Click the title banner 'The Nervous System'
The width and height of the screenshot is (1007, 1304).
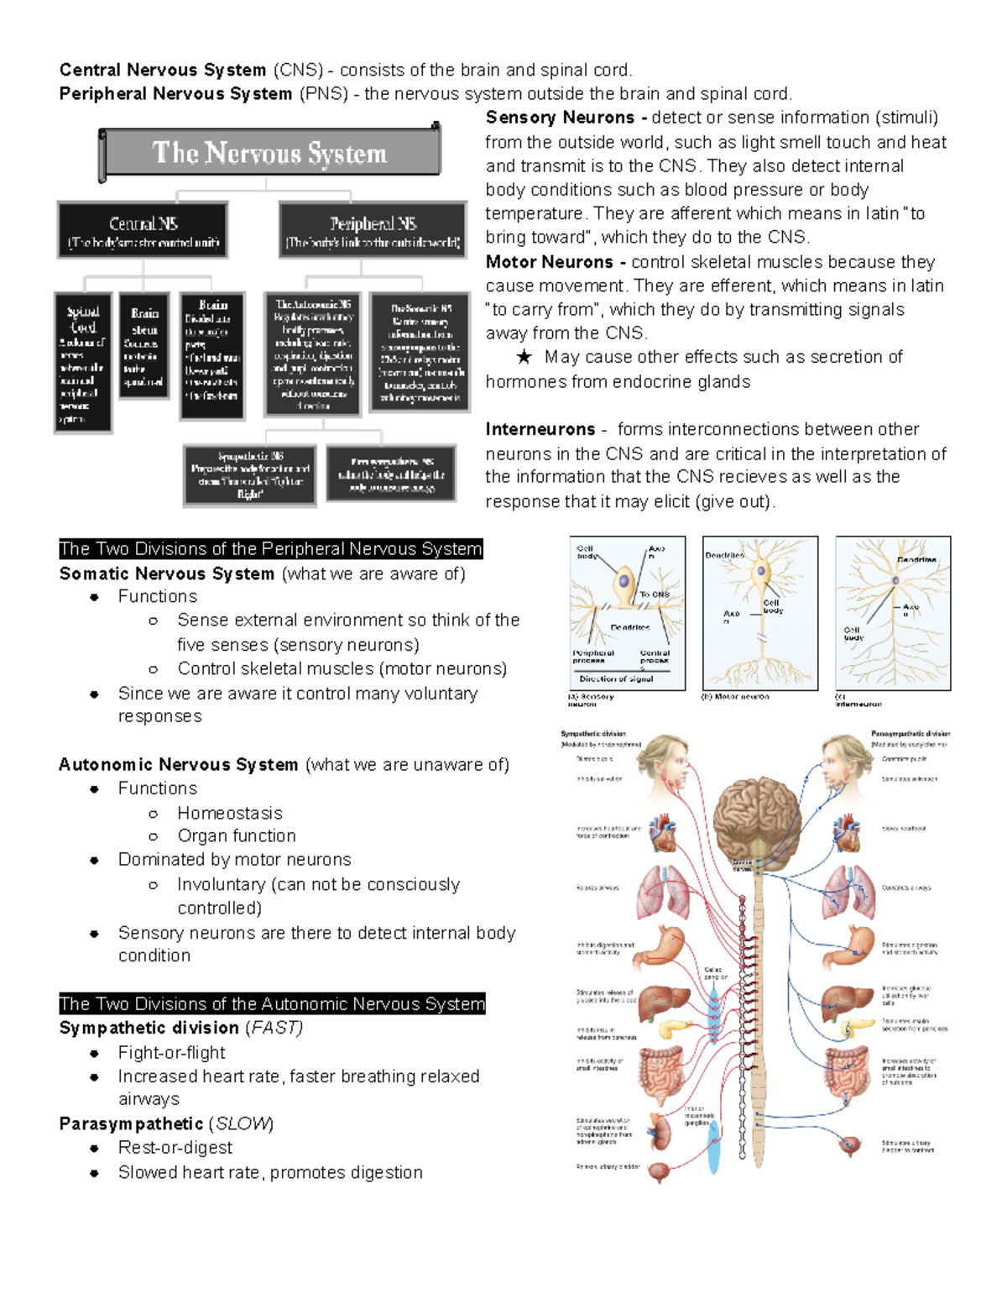click(x=270, y=153)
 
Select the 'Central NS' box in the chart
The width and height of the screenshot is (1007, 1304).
click(x=143, y=230)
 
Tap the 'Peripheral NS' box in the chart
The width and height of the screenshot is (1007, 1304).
click(x=373, y=230)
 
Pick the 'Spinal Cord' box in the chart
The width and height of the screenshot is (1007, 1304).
click(x=83, y=362)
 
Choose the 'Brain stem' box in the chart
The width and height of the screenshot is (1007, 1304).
click(x=144, y=346)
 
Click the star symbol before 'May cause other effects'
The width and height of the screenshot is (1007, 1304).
click(x=524, y=357)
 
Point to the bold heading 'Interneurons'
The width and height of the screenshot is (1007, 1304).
click(x=540, y=429)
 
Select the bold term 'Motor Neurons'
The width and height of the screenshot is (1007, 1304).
click(x=550, y=262)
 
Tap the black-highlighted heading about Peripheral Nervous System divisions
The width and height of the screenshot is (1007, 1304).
click(x=270, y=549)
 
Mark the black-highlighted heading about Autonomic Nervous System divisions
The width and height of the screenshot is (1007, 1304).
click(x=272, y=1003)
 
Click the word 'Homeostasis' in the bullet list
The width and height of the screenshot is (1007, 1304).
click(x=229, y=813)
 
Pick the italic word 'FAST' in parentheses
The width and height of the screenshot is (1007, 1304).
click(x=274, y=1028)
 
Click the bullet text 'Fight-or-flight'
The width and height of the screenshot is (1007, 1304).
click(x=171, y=1052)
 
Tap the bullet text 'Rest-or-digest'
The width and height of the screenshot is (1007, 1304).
click(x=175, y=1147)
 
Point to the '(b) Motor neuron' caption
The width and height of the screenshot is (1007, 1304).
click(x=735, y=696)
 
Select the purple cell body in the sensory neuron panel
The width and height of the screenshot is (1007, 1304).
click(x=624, y=580)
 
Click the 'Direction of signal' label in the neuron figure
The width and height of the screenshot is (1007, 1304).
click(x=616, y=678)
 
